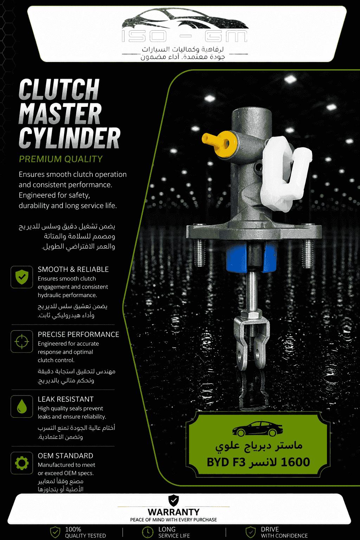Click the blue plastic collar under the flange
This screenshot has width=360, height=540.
point(251,257)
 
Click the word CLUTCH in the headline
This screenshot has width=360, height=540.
point(59,89)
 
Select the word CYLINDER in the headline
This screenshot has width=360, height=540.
point(70,138)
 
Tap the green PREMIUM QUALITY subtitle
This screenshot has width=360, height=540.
point(61,159)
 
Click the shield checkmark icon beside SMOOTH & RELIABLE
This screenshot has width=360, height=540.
point(22,277)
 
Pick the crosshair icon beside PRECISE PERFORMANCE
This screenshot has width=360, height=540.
point(22,342)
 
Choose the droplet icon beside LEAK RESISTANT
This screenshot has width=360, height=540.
point(22,406)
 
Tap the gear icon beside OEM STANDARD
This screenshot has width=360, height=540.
point(22,463)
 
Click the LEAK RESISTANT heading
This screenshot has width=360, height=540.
point(66,399)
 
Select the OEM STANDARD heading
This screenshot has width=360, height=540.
point(65,456)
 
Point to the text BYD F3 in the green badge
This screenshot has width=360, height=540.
point(226,462)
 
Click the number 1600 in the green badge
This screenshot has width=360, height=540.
point(295,462)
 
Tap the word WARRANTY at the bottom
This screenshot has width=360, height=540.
point(174,512)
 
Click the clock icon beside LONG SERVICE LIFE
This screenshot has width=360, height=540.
point(148,532)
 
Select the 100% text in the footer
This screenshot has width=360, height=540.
point(73,529)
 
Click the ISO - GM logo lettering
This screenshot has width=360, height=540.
point(185,36)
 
